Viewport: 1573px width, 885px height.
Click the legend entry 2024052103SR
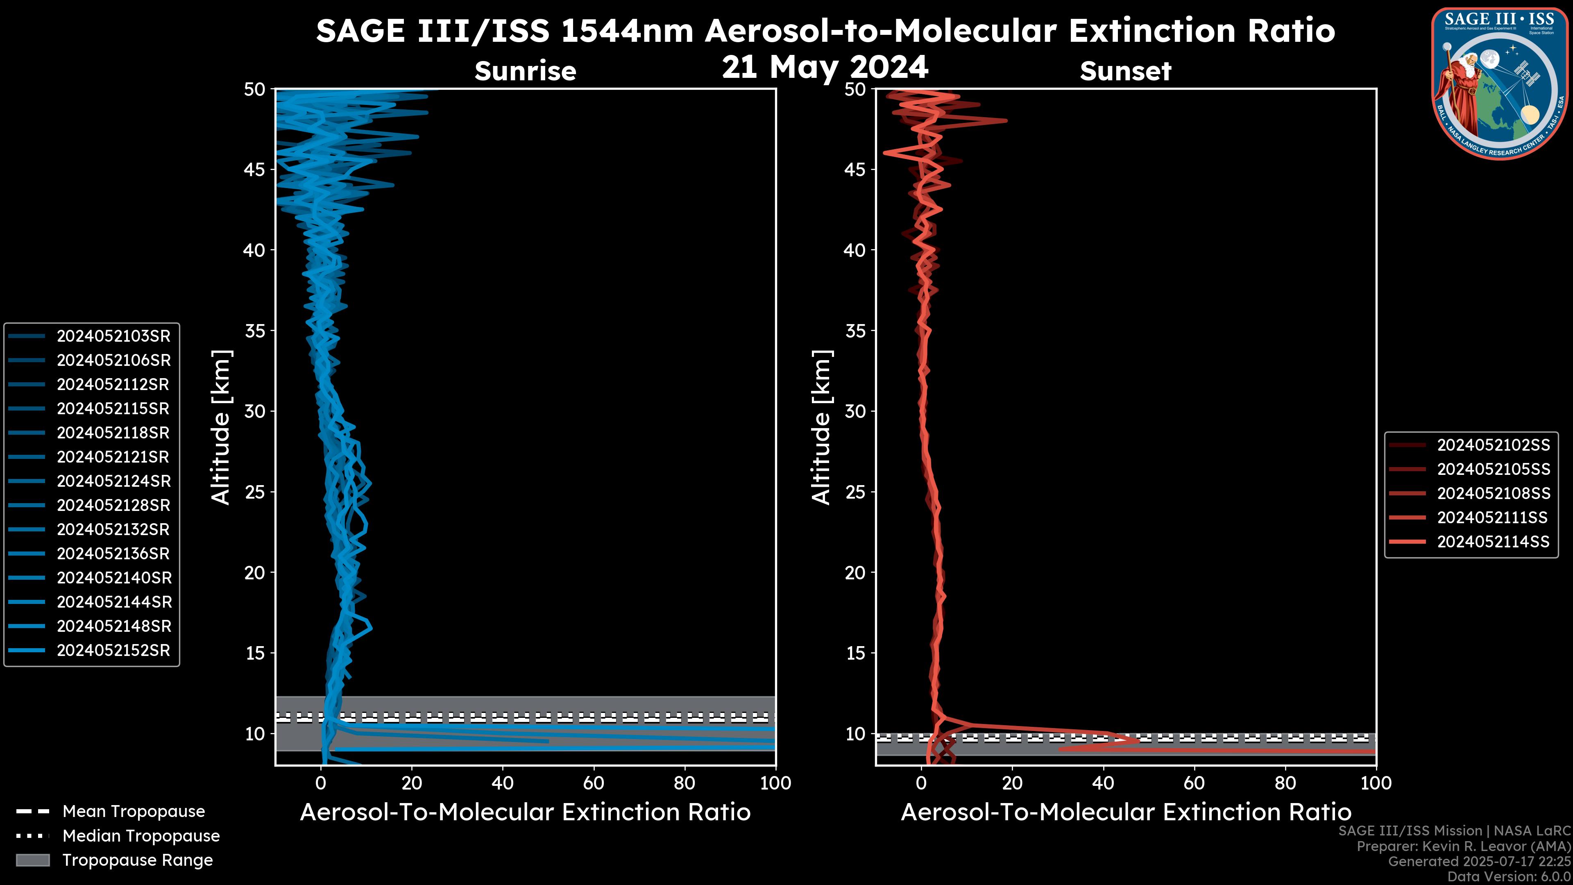coord(113,336)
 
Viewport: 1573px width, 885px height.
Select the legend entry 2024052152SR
coord(113,651)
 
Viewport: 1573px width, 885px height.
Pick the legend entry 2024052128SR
coord(113,505)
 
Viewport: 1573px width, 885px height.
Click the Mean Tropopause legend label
coord(134,812)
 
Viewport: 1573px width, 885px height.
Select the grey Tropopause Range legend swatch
coord(33,860)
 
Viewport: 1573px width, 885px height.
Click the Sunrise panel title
coord(525,71)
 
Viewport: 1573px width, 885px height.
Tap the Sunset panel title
coord(1125,71)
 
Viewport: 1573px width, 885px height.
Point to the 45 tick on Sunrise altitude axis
coord(255,169)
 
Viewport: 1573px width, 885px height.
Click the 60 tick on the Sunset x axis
coord(1194,783)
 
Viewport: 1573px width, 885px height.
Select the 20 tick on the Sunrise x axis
coord(412,783)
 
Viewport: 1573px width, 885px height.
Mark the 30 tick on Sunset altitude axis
coord(855,411)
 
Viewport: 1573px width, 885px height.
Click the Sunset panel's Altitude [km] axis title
coord(821,427)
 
